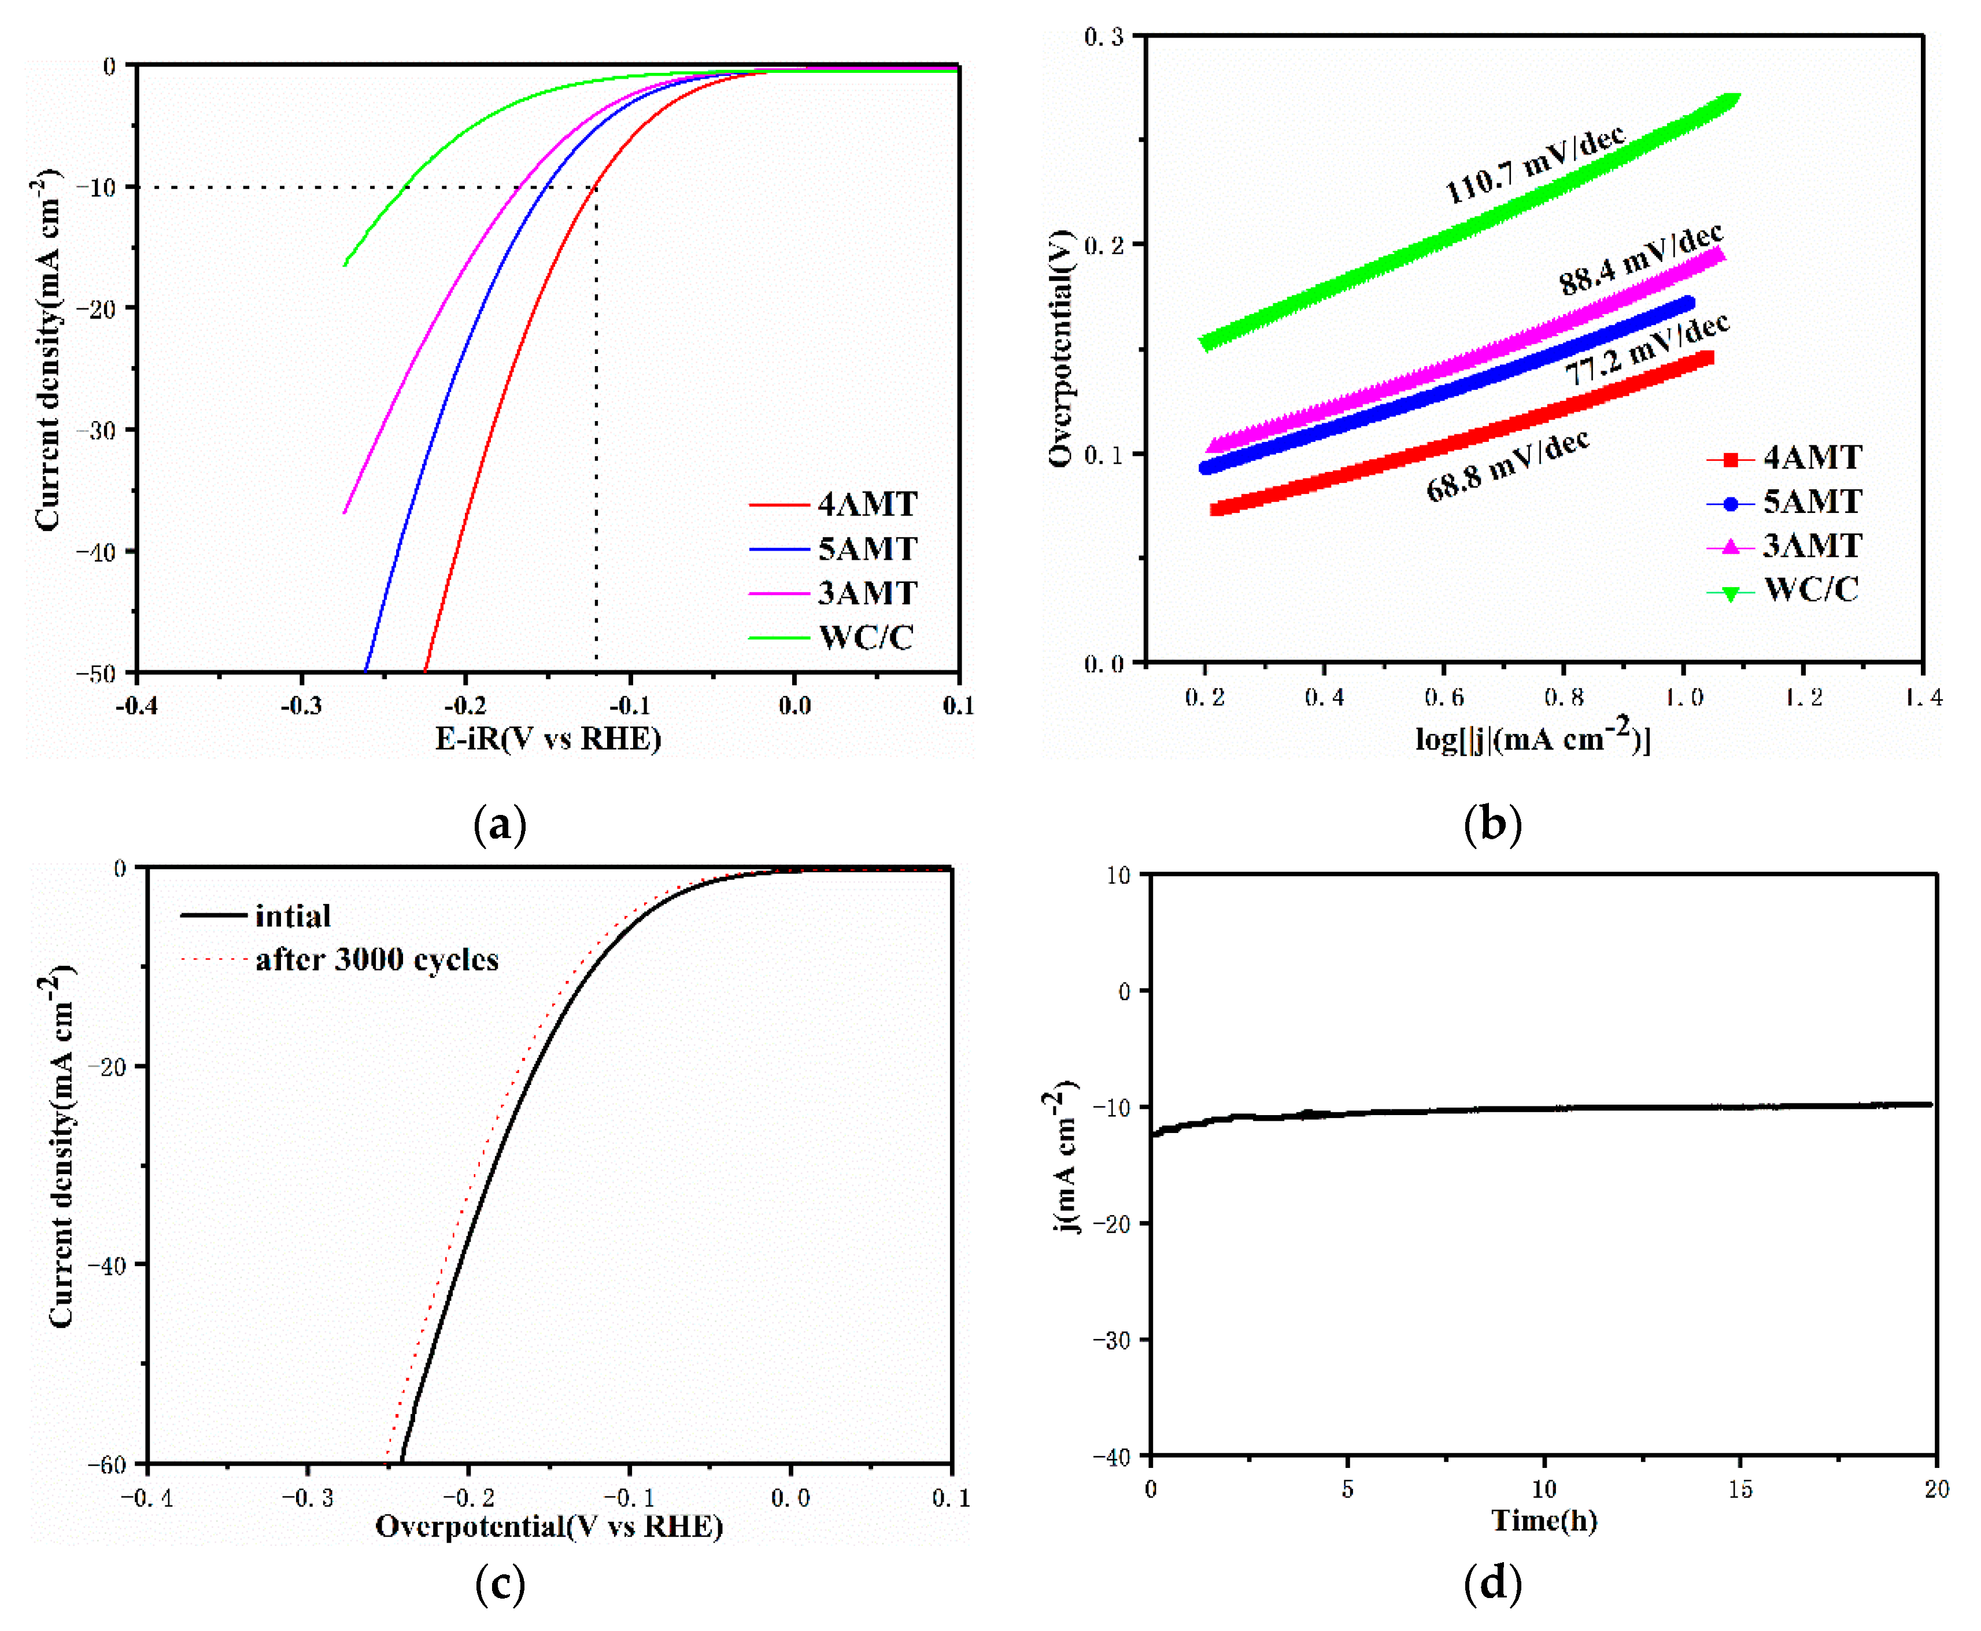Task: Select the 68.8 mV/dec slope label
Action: click(1507, 467)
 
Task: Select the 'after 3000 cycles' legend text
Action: click(376, 960)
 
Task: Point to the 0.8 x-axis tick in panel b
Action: click(1563, 697)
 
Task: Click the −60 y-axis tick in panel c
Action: click(106, 1464)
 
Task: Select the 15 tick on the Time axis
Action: click(1740, 1489)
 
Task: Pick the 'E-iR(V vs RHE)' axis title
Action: click(548, 739)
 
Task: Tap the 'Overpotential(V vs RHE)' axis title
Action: click(549, 1526)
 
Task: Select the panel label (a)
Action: click(500, 825)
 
